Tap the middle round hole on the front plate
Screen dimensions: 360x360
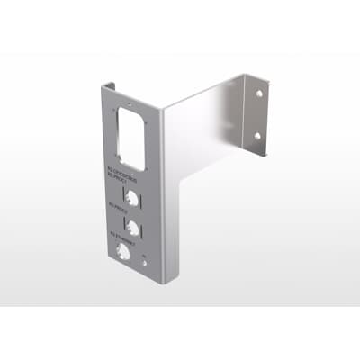pos(133,225)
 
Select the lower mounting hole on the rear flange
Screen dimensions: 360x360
pos(258,136)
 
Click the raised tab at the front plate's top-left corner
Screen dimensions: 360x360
pos(106,85)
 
